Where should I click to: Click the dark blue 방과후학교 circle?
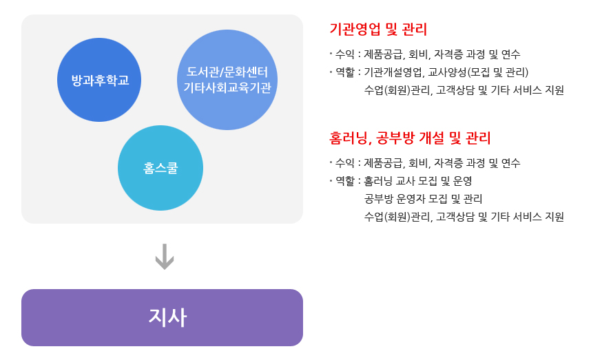pos(99,80)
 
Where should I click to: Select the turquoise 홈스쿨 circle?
pos(160,168)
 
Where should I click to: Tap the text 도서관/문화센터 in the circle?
pos(227,72)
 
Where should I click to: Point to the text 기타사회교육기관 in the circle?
pos(227,87)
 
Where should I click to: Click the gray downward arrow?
pos(165,257)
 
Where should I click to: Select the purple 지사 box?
pos(162,317)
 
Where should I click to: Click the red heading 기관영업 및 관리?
pos(378,29)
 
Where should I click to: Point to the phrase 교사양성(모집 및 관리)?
pos(479,72)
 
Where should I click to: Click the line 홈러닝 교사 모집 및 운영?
pos(418,181)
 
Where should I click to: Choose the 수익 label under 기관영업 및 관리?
pos(345,54)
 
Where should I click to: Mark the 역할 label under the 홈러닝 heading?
pos(345,181)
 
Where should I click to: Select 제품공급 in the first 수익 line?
pos(383,54)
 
